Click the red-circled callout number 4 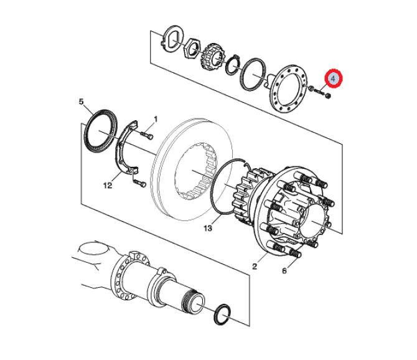(x=334, y=78)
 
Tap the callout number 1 (x=156, y=118)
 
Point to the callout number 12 (x=107, y=184)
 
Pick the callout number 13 (x=208, y=229)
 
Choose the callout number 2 (x=255, y=267)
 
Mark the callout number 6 (x=286, y=272)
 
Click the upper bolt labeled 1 (x=147, y=132)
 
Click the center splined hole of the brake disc (x=194, y=171)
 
